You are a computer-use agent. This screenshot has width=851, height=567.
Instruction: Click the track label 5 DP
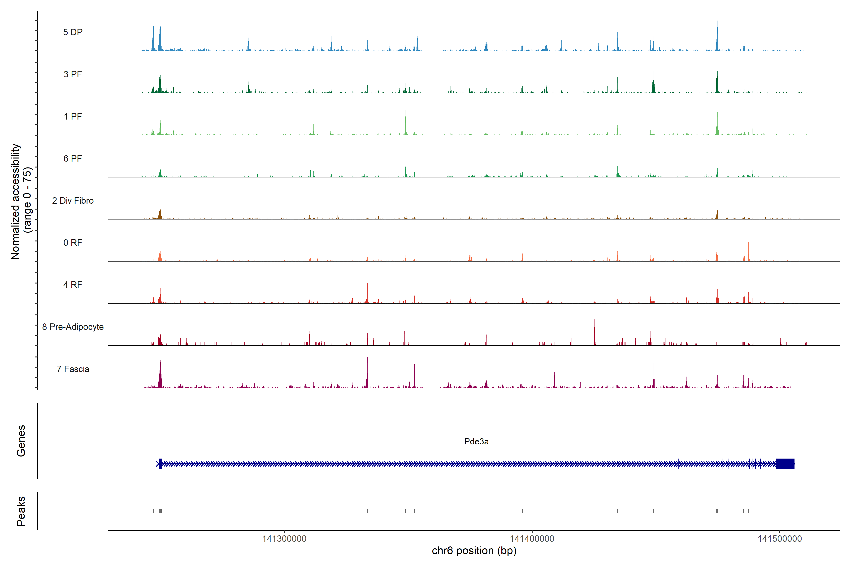pyautogui.click(x=73, y=32)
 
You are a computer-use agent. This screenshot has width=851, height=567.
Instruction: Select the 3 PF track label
pyautogui.click(x=73, y=74)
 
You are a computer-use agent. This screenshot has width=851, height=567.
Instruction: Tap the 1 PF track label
pyautogui.click(x=73, y=116)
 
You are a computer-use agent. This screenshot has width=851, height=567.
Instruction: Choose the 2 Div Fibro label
pyautogui.click(x=73, y=201)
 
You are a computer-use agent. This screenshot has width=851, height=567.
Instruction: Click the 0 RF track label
pyautogui.click(x=73, y=243)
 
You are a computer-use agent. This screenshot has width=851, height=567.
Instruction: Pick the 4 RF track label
pyautogui.click(x=73, y=285)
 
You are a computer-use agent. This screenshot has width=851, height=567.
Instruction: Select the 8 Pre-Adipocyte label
pyautogui.click(x=73, y=327)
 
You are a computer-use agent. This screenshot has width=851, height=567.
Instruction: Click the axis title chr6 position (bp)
pyautogui.click(x=474, y=551)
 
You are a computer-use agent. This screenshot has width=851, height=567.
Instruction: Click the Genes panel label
pyautogui.click(x=21, y=441)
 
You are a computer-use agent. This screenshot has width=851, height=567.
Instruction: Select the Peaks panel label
pyautogui.click(x=21, y=511)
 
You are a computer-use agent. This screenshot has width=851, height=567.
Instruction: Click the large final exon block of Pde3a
pyautogui.click(x=785, y=464)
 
